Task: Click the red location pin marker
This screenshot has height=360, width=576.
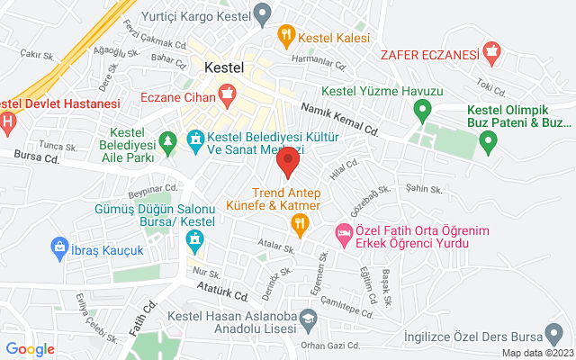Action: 288,164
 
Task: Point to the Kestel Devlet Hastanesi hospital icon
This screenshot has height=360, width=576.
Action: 7,121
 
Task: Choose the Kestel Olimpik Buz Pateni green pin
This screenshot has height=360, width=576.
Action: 489,139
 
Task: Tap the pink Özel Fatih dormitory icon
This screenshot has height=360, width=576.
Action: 344,232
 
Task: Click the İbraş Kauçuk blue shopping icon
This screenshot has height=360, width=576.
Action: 59,245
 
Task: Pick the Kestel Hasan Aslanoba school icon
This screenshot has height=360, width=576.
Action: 309,318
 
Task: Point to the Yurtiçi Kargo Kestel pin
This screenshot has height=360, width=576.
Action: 262,13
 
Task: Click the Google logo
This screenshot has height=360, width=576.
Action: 31,349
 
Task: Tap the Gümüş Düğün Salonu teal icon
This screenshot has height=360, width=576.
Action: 193,240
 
